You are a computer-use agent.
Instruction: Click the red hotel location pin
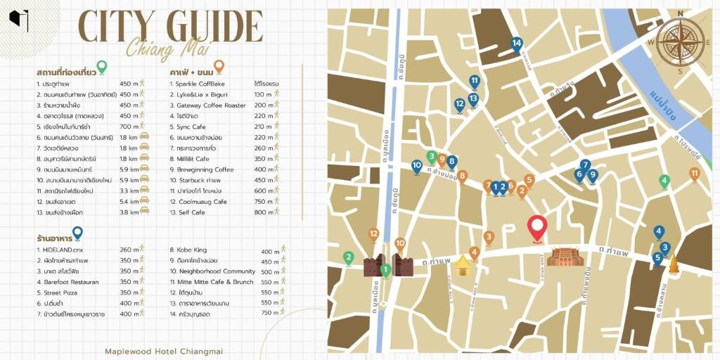(538, 228)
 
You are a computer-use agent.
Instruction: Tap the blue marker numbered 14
(517, 44)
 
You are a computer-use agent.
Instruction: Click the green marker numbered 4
(664, 181)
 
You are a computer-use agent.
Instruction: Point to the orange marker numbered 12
(373, 234)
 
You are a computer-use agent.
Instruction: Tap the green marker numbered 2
(348, 258)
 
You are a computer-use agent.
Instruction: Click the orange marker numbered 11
(694, 174)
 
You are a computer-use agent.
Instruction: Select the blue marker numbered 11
(475, 82)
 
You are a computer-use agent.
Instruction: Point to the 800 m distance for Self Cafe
(263, 212)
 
